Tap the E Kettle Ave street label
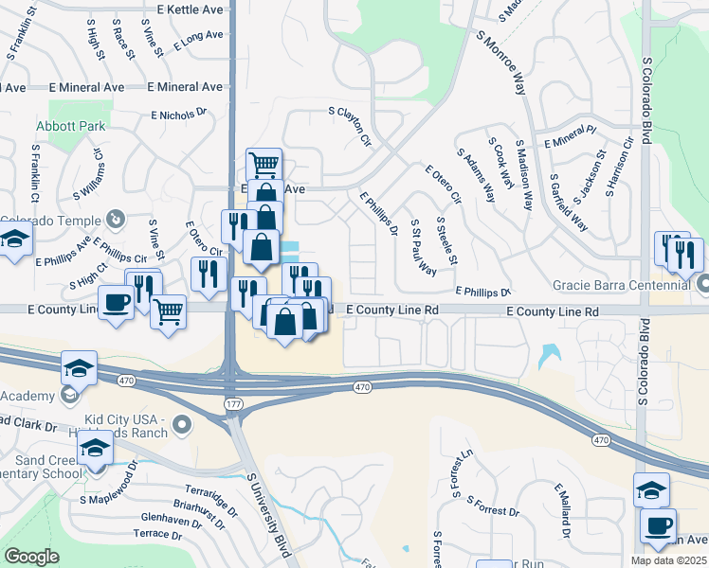[x=191, y=9]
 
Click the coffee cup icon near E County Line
[x=117, y=303]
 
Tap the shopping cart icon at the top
[x=264, y=165]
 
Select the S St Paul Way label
[x=422, y=248]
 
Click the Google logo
[x=31, y=557]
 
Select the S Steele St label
[x=446, y=240]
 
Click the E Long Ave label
[x=198, y=40]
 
